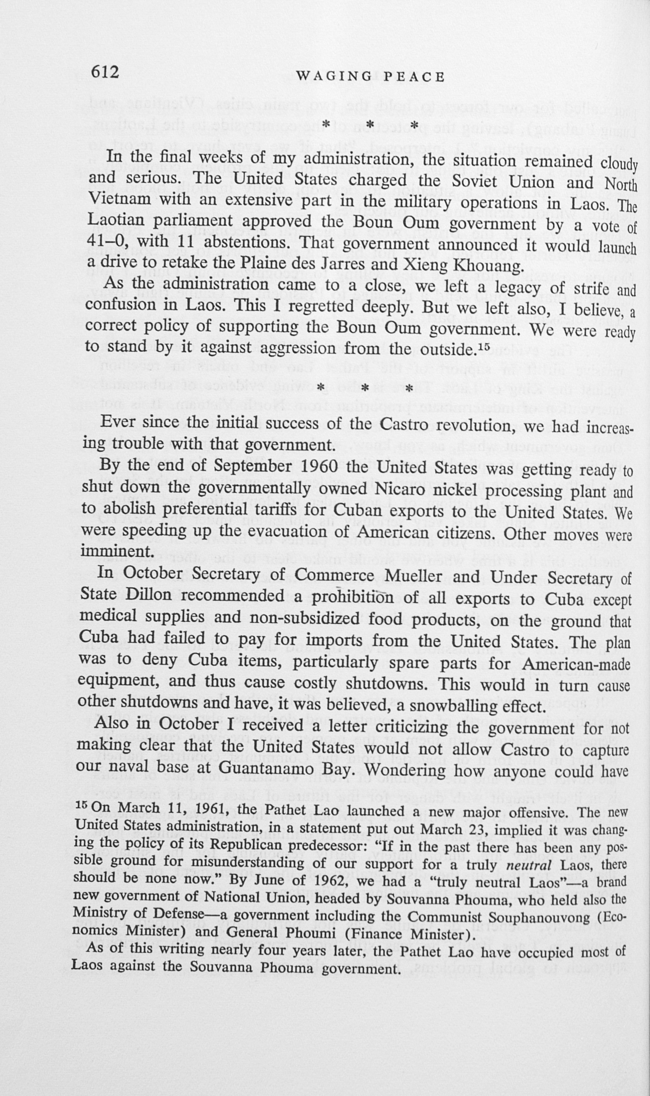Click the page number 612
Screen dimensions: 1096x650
pyautogui.click(x=105, y=71)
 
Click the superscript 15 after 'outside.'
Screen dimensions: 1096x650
pyautogui.click(x=482, y=346)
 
